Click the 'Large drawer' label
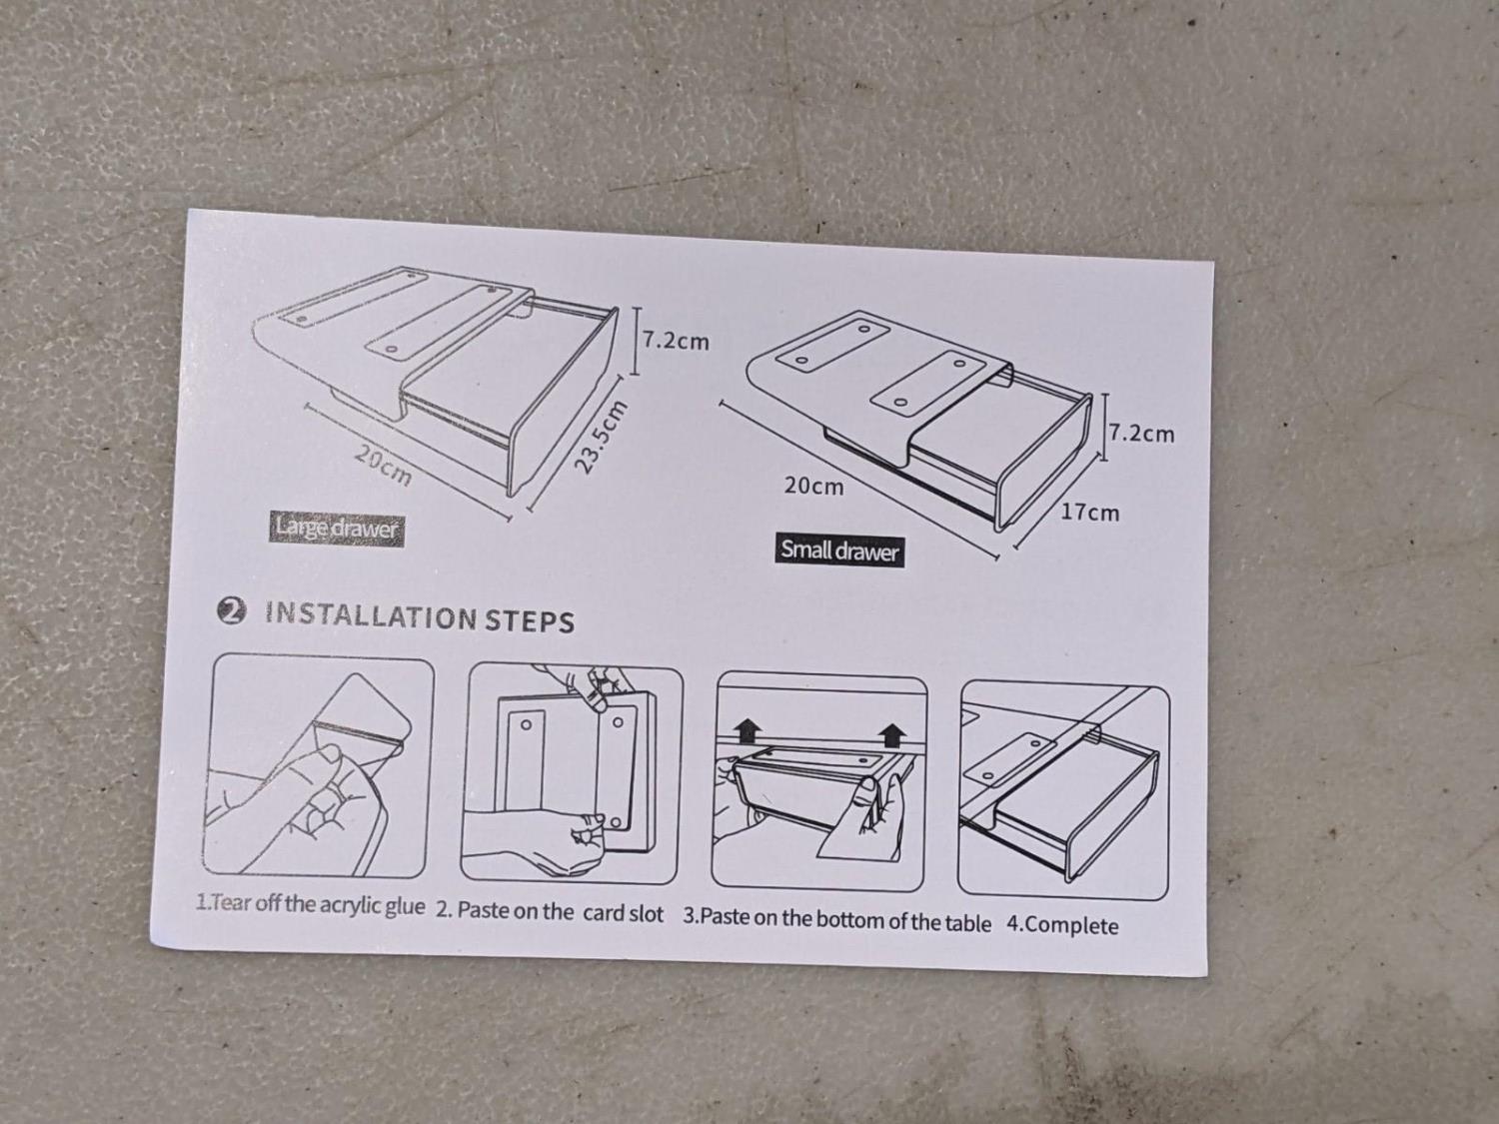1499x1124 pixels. click(x=336, y=529)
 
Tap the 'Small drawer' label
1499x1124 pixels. click(x=839, y=551)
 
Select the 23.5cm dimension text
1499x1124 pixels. click(x=600, y=436)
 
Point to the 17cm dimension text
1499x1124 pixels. click(x=1090, y=513)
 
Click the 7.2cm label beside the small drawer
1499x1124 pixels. click(x=1141, y=434)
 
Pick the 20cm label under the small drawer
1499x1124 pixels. click(x=813, y=486)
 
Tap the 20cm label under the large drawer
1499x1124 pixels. click(x=384, y=466)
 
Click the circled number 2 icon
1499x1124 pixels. click(x=232, y=610)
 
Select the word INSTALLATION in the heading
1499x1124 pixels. click(x=371, y=615)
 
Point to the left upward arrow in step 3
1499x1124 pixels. click(x=749, y=731)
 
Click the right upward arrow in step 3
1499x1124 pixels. click(x=892, y=735)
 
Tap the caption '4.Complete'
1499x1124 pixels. click(x=1062, y=925)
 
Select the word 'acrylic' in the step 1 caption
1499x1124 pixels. click(x=352, y=906)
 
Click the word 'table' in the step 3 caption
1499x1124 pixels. click(x=967, y=923)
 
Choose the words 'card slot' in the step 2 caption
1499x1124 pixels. click(x=623, y=914)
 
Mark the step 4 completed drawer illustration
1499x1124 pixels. click(x=1063, y=789)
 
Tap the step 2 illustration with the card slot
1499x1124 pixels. click(x=572, y=774)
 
